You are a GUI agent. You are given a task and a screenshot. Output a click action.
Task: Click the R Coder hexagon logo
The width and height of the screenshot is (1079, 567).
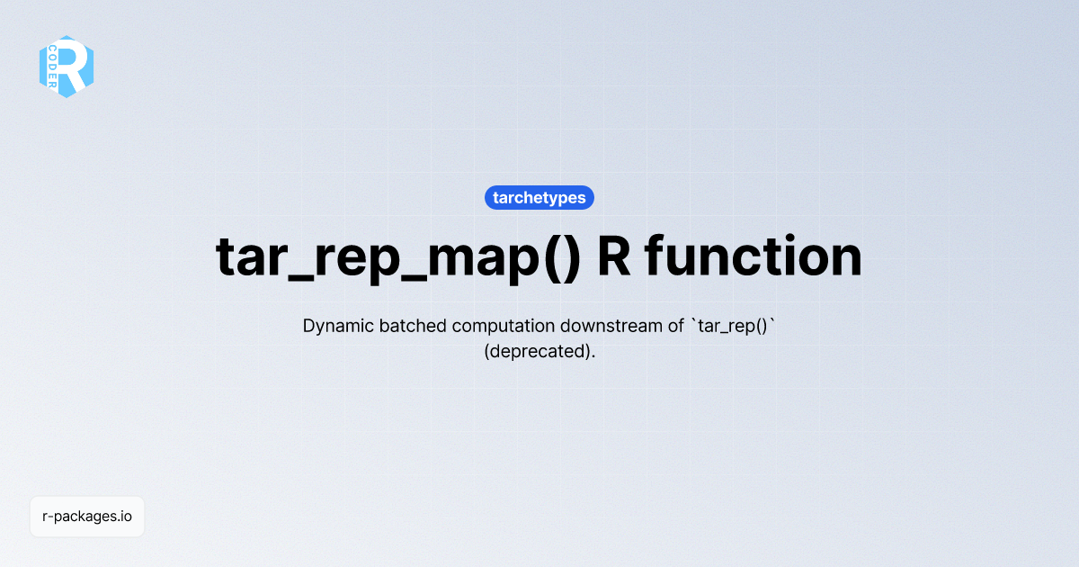[67, 67]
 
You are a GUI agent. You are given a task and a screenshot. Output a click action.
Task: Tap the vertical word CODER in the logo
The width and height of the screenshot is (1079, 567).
[52, 67]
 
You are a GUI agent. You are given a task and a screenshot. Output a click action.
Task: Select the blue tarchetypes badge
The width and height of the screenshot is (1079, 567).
[539, 198]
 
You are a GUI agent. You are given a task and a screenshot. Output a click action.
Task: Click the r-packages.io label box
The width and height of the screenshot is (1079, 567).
[87, 517]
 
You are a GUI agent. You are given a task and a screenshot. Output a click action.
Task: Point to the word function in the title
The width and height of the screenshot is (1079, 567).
[753, 256]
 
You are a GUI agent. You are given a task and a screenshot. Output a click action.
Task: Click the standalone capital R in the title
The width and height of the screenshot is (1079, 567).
[613, 256]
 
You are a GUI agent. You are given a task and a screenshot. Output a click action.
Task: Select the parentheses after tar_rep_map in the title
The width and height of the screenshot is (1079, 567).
[562, 257]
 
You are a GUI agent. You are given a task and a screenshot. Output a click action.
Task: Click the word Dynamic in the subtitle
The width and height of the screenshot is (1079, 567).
[338, 327]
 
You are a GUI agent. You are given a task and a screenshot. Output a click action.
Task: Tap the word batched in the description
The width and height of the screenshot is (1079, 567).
[413, 326]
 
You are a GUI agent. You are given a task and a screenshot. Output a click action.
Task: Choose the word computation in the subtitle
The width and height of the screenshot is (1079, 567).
[503, 327]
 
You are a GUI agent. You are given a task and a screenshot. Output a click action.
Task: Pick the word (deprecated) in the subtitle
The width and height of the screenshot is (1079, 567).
[537, 352]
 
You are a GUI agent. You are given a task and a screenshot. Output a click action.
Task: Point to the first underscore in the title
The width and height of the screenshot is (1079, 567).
[298, 279]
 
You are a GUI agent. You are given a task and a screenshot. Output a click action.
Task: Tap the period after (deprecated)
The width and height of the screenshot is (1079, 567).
[593, 356]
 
